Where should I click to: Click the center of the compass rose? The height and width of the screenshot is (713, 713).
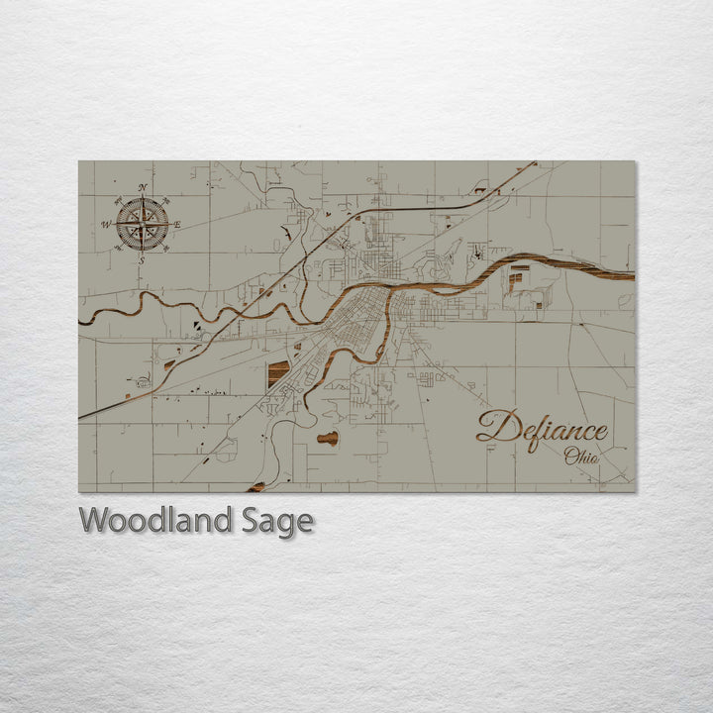(x=143, y=223)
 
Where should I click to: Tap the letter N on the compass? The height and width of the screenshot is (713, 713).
(x=143, y=187)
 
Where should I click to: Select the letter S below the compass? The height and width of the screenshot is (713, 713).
(x=142, y=259)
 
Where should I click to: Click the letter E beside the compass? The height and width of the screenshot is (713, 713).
(x=177, y=225)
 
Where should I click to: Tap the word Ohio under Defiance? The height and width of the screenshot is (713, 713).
(x=581, y=458)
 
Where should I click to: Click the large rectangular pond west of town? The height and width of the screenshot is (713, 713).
(x=279, y=372)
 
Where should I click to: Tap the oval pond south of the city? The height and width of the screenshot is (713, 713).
(x=328, y=438)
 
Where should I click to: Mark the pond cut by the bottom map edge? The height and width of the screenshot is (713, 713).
(x=256, y=486)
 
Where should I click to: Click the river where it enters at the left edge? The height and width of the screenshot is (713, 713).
(x=83, y=319)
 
